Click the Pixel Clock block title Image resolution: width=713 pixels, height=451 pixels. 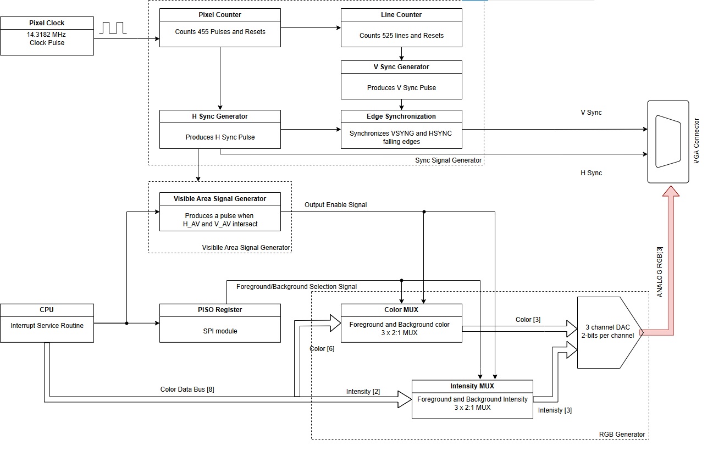pyautogui.click(x=47, y=23)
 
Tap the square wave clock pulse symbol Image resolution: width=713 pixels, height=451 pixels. pyautogui.click(x=113, y=27)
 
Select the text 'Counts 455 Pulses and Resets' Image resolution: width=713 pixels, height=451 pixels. pyautogui.click(x=220, y=32)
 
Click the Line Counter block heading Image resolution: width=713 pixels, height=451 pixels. pyautogui.click(x=401, y=15)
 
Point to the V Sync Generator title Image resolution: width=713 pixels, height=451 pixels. pyautogui.click(x=401, y=67)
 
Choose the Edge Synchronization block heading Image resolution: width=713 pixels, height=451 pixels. pyautogui.click(x=401, y=116)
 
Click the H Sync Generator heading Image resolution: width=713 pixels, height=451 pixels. pyautogui.click(x=220, y=116)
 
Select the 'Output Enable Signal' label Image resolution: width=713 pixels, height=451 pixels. pyautogui.click(x=336, y=205)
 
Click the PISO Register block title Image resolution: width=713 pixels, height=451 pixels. pyautogui.click(x=220, y=310)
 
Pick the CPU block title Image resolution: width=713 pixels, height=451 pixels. pyautogui.click(x=47, y=310)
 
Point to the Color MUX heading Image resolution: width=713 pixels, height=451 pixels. pyautogui.click(x=401, y=310)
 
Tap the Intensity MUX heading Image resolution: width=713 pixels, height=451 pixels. pyautogui.click(x=472, y=386)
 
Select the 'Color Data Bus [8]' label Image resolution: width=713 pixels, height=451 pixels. pyautogui.click(x=187, y=389)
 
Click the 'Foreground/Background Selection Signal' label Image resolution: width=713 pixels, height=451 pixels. pyautogui.click(x=296, y=287)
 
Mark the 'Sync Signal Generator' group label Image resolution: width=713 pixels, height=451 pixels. pyautogui.click(x=448, y=160)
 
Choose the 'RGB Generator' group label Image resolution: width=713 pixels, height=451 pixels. pyautogui.click(x=622, y=435)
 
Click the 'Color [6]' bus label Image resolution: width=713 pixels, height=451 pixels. pyautogui.click(x=322, y=349)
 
